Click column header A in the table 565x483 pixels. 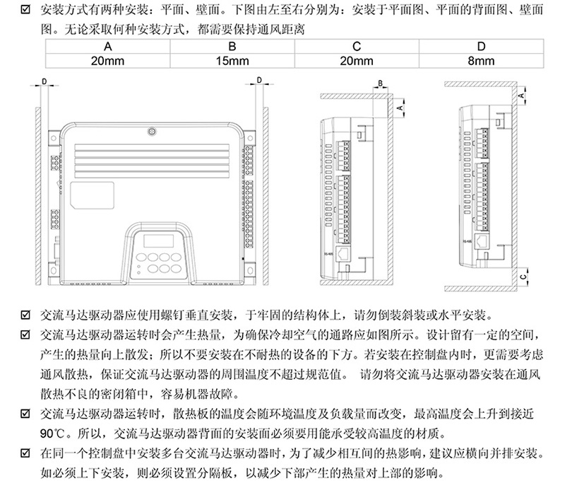(x=108, y=47)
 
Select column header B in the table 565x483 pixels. (x=232, y=47)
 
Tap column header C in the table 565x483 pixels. (x=357, y=47)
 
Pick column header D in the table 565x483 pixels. (x=481, y=47)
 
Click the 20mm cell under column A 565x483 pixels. (x=108, y=61)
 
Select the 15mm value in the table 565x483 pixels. (x=232, y=61)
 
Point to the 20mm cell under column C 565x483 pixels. (x=357, y=61)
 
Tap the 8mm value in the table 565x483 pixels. (x=481, y=61)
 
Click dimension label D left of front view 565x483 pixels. (x=44, y=82)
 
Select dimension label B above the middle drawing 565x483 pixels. (x=380, y=83)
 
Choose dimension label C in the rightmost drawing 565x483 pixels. (x=523, y=277)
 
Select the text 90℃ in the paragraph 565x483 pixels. (x=54, y=433)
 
